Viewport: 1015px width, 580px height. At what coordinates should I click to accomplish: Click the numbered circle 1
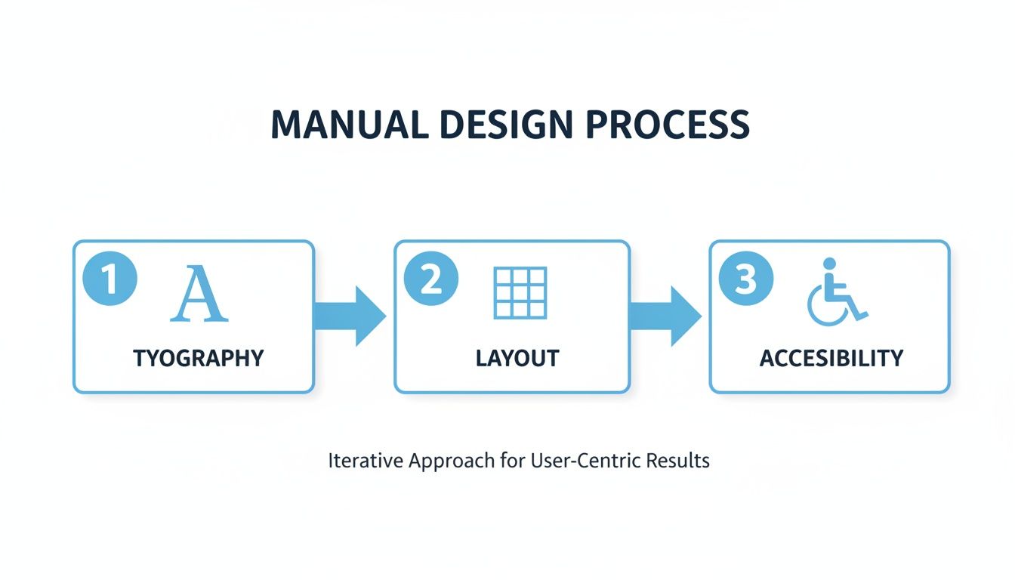pos(110,280)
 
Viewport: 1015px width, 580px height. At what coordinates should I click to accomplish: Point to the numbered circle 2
pos(431,280)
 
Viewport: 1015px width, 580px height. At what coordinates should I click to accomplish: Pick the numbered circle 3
pos(745,280)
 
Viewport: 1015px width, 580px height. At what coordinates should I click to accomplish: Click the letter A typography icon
pos(199,294)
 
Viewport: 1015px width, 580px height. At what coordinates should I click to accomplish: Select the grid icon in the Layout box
pos(520,293)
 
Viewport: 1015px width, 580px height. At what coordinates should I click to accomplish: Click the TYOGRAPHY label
pos(199,358)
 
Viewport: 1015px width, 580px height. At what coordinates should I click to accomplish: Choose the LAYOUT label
pos(517,358)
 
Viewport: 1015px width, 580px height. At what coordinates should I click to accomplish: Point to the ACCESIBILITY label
pos(831,358)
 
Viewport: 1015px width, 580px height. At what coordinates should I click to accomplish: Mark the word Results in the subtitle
pos(681,461)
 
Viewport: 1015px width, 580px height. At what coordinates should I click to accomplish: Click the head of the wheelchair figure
pos(829,264)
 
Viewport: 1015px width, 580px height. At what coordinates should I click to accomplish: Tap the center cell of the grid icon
pos(520,293)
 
